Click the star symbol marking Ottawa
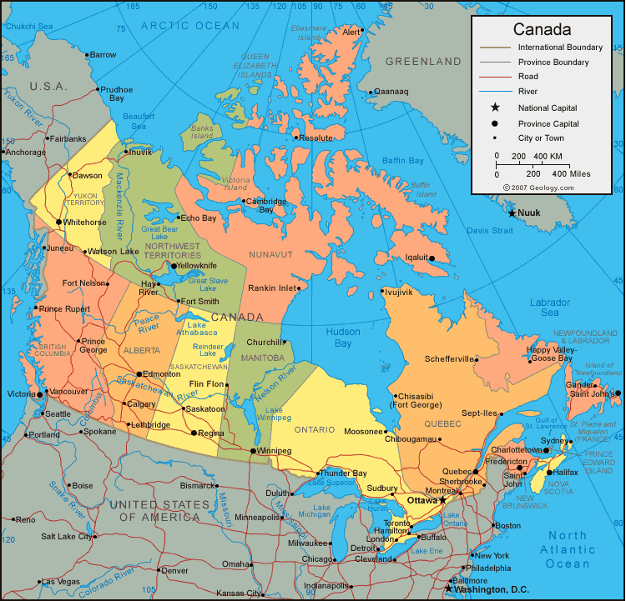[x=442, y=500]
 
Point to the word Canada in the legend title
[x=542, y=29]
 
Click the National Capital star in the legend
[x=495, y=108]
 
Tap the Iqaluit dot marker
[x=432, y=258]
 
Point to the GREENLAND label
[x=423, y=62]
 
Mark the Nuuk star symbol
[x=512, y=213]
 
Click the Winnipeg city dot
[x=253, y=451]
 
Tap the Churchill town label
[x=264, y=342]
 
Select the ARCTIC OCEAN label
[x=189, y=26]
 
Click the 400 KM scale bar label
[x=548, y=156]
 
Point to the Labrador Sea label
[x=550, y=308]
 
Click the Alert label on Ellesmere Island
[x=351, y=33]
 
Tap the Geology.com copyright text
[x=538, y=188]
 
